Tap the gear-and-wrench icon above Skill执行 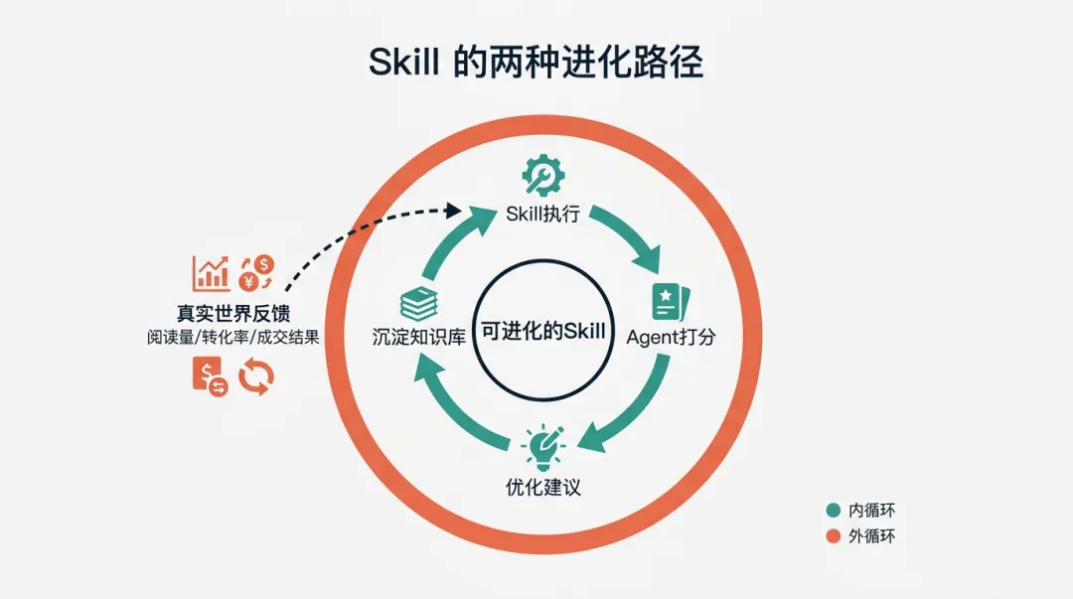click(x=543, y=175)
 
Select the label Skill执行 click(x=543, y=214)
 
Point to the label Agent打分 click(x=671, y=337)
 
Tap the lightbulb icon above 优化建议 click(x=542, y=448)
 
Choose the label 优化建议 click(x=542, y=488)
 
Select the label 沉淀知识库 click(x=414, y=337)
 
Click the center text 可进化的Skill click(x=542, y=332)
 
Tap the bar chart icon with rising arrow click(x=211, y=272)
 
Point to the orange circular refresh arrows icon click(x=256, y=376)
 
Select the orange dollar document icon click(x=209, y=377)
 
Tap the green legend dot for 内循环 click(x=834, y=511)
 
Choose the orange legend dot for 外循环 click(x=834, y=537)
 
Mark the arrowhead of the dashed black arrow click(x=455, y=210)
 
